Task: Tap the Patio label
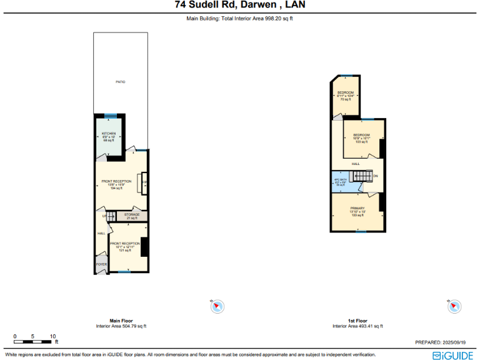pos(121,82)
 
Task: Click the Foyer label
pos(101,264)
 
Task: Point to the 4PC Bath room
pos(341,182)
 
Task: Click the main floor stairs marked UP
pos(110,216)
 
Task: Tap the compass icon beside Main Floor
pos(217,306)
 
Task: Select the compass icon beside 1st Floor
pos(454,306)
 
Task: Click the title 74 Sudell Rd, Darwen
pos(240,6)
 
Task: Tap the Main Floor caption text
pos(121,321)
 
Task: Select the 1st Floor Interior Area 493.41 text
pos(357,326)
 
